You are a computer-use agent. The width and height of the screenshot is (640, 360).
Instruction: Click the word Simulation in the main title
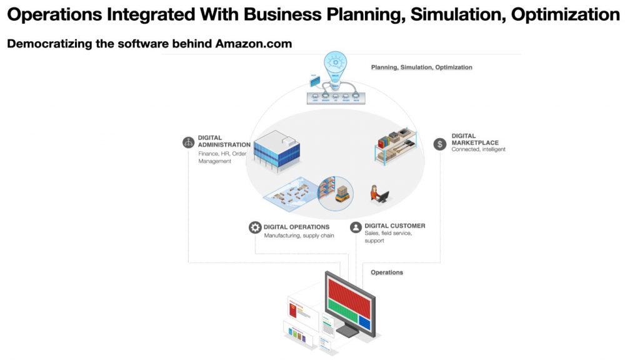454,15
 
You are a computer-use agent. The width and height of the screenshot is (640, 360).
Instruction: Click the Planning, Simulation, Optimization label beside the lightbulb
421,67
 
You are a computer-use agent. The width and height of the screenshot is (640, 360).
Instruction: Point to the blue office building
276,150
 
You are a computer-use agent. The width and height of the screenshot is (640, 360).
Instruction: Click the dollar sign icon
440,144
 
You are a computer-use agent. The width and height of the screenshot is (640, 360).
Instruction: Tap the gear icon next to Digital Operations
255,227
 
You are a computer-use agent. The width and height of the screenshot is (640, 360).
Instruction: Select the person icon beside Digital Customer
356,227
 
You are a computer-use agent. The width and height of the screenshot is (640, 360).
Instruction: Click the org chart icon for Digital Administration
188,142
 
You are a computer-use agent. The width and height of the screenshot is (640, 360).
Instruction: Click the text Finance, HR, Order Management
221,157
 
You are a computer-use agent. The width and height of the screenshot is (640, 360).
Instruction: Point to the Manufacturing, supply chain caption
299,236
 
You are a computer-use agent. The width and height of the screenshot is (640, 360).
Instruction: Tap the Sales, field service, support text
388,236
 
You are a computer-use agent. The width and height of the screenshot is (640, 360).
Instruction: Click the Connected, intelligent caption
478,150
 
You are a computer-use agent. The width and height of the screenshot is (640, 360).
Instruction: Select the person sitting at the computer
377,193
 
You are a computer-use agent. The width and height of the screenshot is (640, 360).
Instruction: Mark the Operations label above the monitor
387,272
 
